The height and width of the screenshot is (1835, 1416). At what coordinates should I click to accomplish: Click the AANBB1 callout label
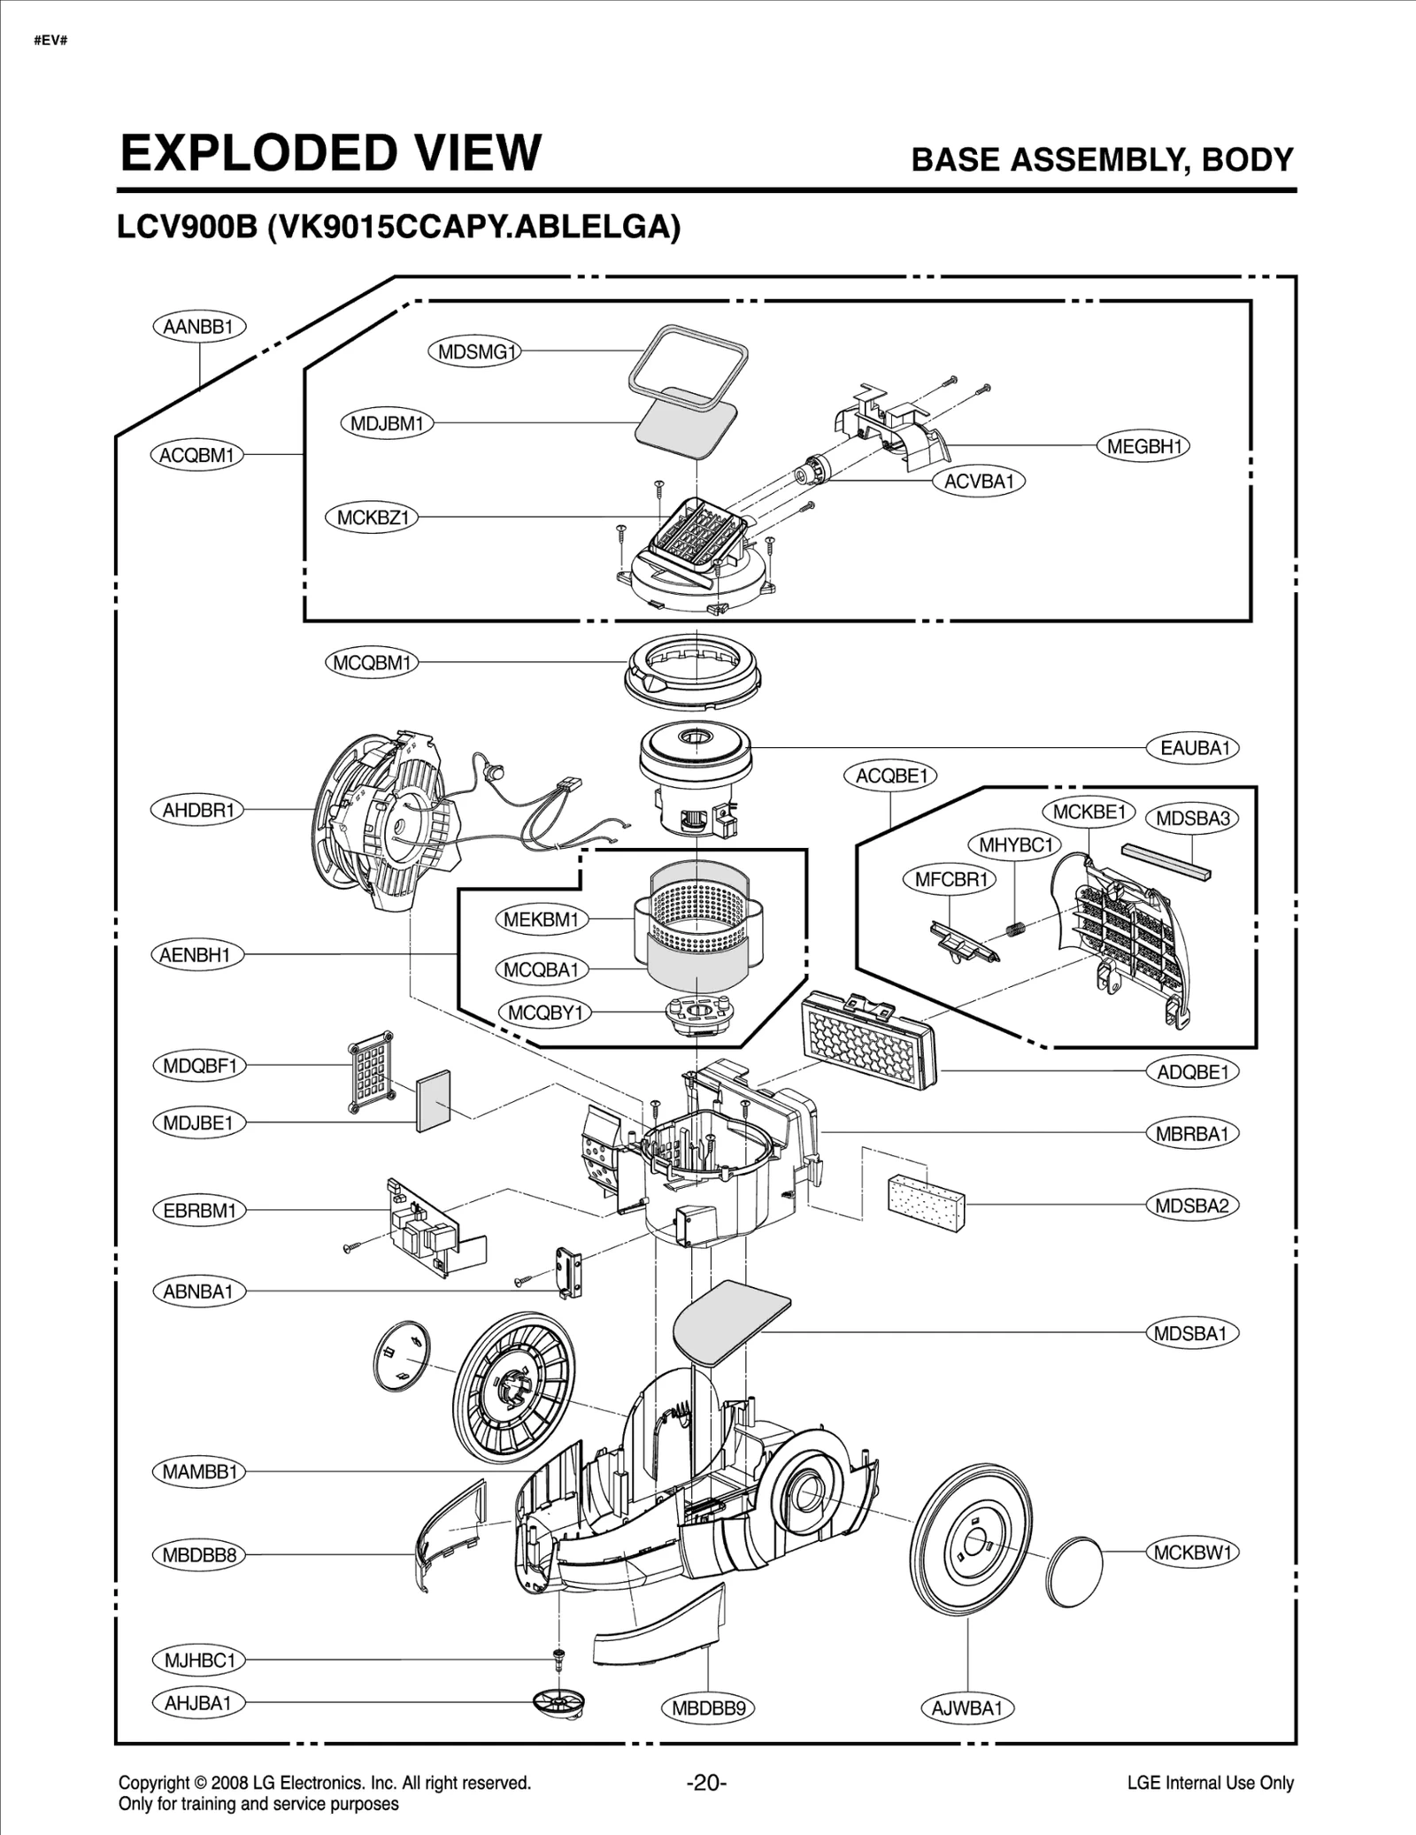tap(198, 327)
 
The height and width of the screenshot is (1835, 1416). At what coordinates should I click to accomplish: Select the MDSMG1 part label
tap(475, 351)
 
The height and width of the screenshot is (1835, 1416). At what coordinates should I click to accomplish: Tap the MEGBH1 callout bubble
tap(1143, 446)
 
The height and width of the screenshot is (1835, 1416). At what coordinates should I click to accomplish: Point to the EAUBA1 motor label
tap(1194, 748)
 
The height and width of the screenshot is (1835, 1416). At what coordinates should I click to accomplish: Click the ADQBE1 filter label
tap(1192, 1072)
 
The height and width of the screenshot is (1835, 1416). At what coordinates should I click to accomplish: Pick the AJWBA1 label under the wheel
tap(966, 1708)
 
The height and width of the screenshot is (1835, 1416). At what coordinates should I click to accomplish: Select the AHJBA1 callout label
tap(197, 1702)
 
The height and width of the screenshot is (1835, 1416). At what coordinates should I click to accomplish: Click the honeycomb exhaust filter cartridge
tap(869, 1041)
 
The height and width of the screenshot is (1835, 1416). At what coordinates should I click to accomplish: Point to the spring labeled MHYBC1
tap(1015, 929)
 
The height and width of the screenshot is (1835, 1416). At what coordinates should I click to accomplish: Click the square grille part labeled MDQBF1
tap(371, 1071)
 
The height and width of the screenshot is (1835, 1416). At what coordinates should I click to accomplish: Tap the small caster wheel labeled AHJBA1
tap(559, 1701)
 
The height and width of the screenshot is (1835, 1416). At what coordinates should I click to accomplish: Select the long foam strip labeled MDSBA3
tap(1166, 860)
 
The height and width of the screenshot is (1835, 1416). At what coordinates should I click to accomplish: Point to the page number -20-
tap(706, 1782)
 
